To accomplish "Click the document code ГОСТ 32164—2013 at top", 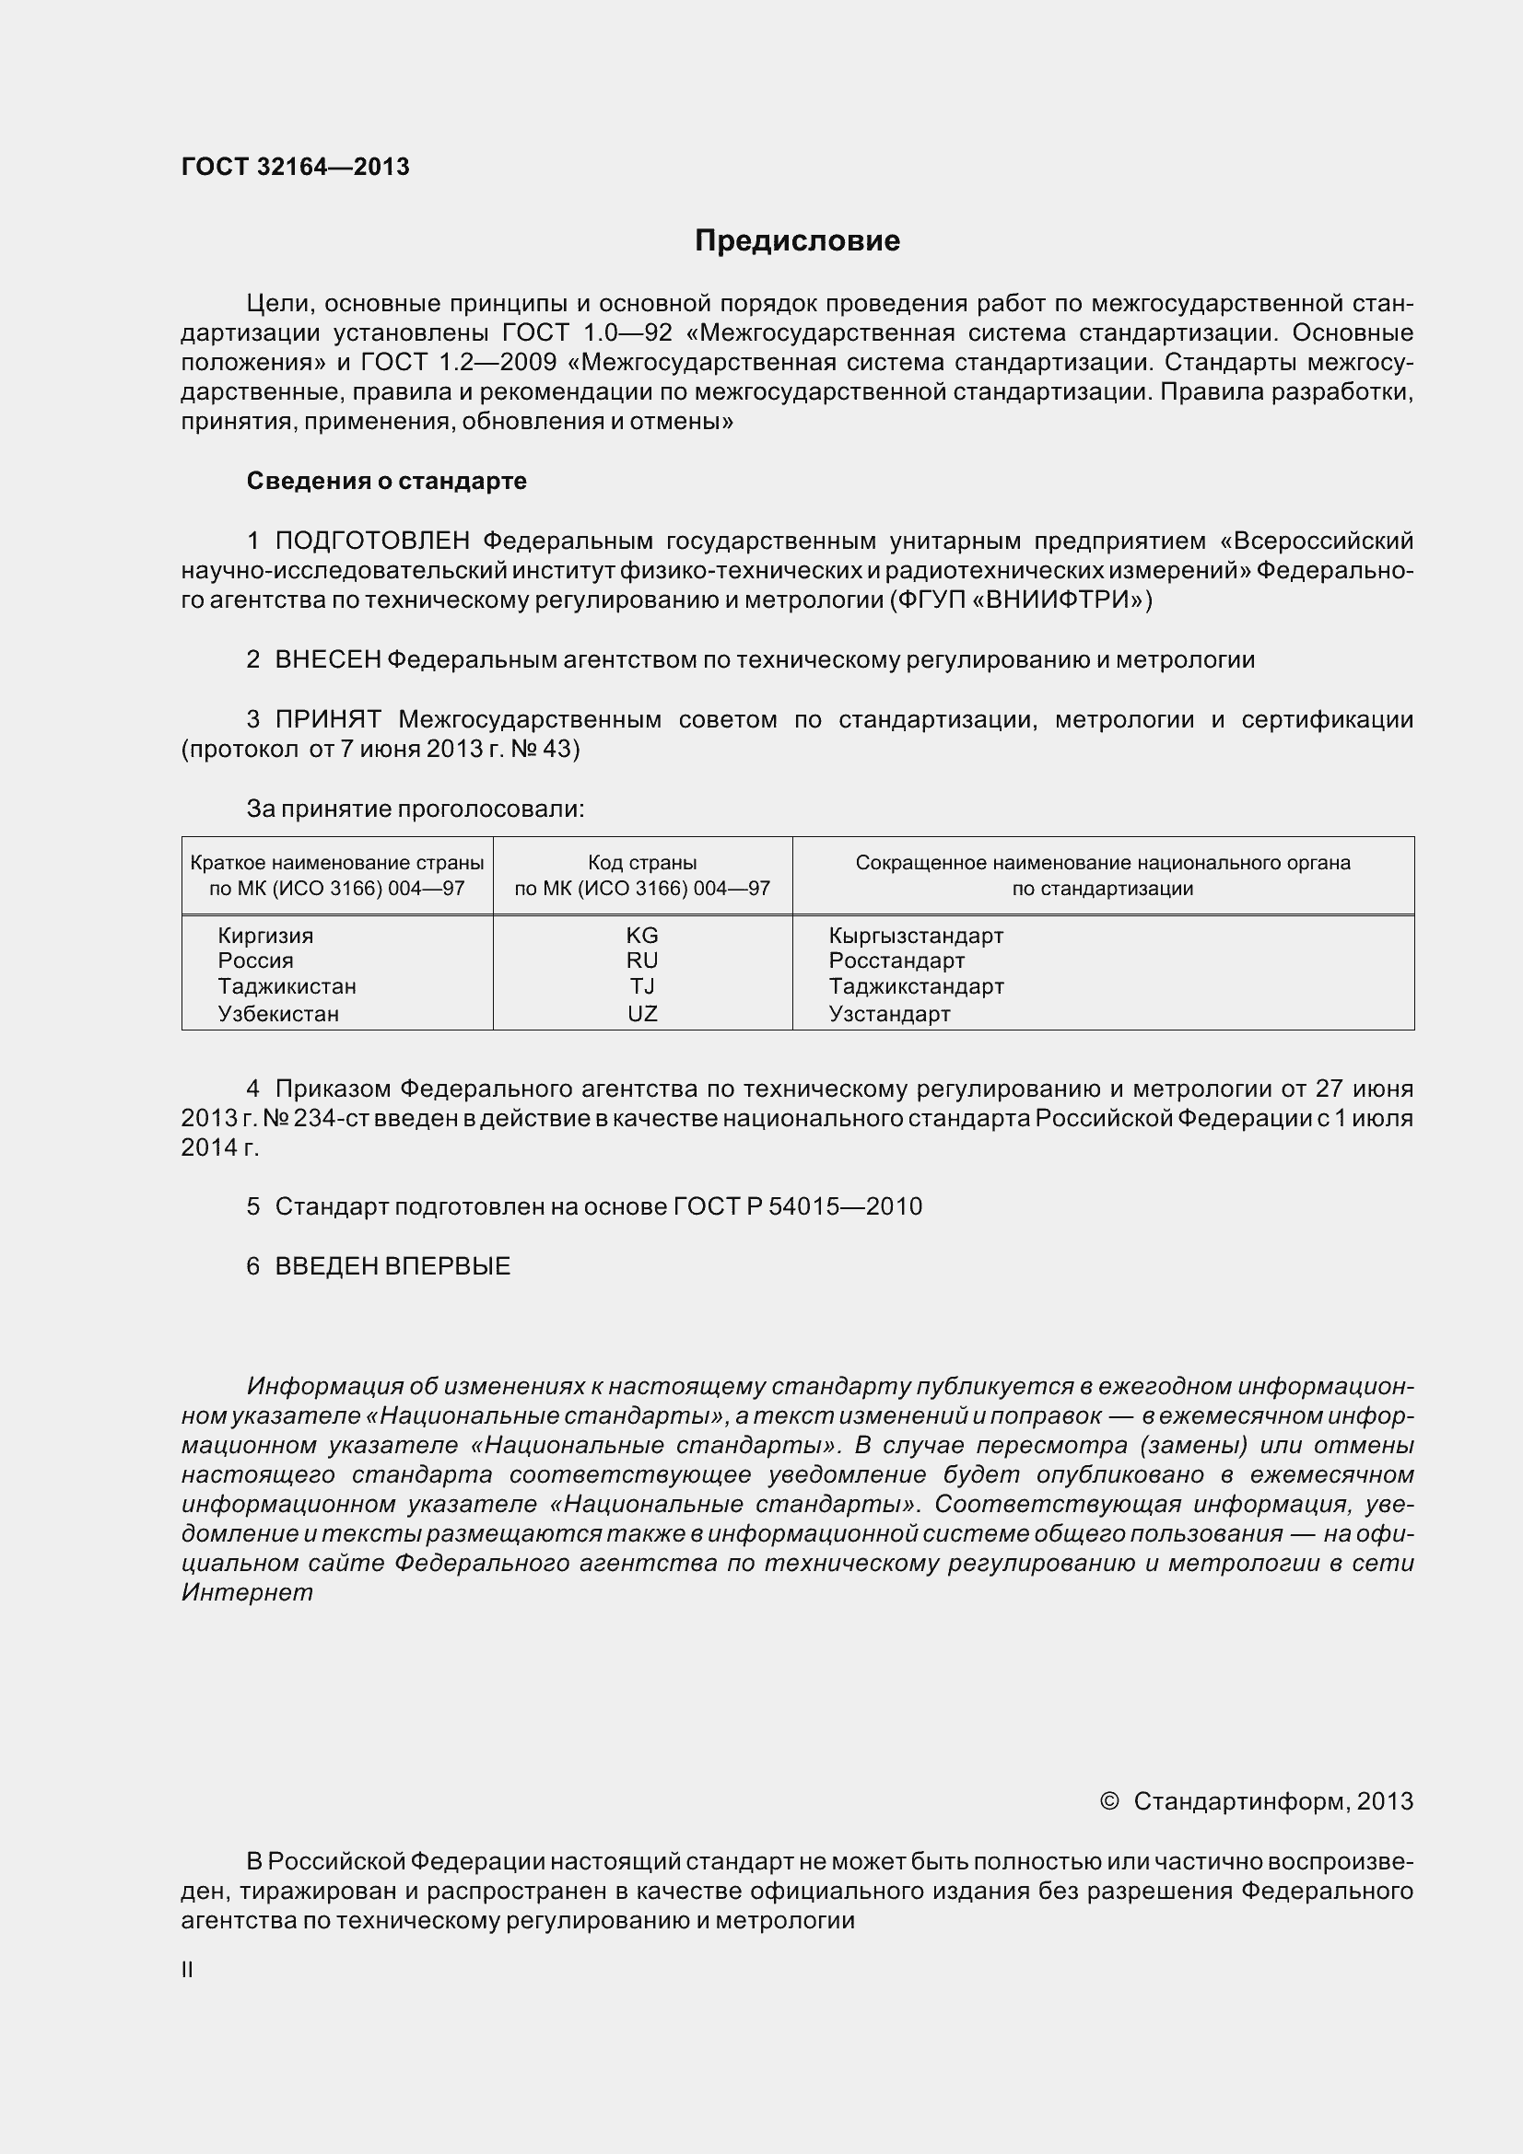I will pos(295,167).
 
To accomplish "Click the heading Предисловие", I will pos(797,241).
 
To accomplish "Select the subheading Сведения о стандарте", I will pos(387,482).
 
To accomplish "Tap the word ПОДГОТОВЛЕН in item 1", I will pos(371,541).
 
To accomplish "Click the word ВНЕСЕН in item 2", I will pos(327,660).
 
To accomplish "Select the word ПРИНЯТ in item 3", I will pos(327,720).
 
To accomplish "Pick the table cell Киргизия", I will pos(265,936).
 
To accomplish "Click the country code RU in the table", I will pos(642,961).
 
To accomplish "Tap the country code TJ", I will pos(642,986).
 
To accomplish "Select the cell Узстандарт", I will pos(890,1014).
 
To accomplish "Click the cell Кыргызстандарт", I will pos(916,936).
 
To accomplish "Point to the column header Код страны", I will pos(642,862).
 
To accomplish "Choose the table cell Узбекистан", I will pos(277,1014).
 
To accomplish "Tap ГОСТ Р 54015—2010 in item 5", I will pos(798,1207).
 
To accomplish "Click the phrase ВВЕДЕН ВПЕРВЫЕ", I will pos(392,1266).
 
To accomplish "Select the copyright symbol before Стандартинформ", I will pos(1108,1801).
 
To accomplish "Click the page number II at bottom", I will pos(187,1970).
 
